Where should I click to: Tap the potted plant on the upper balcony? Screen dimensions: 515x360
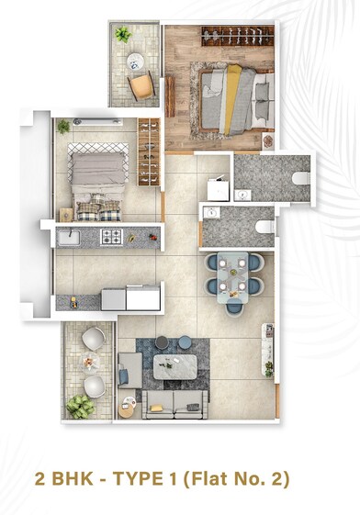(123, 36)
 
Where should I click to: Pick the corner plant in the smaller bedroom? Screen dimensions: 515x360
(63, 127)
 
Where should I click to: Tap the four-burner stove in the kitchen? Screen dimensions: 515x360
(111, 238)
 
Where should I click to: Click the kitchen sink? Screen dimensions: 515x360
(68, 238)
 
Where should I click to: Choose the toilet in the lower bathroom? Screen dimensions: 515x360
(264, 227)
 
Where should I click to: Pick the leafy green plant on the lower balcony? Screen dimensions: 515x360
(81, 407)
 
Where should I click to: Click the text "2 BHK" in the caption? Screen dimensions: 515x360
(67, 479)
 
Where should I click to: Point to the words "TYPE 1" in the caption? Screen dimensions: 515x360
(149, 479)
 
